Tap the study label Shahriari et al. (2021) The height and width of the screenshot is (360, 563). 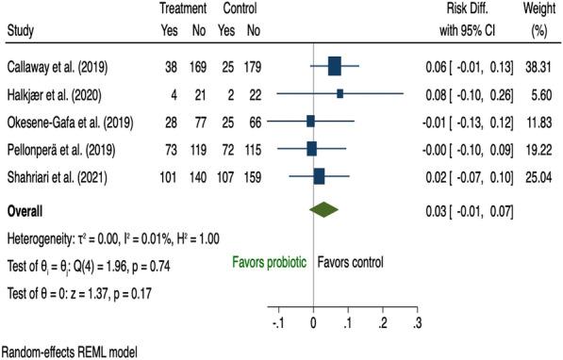[x=59, y=175]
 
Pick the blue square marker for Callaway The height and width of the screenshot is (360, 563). [x=335, y=67]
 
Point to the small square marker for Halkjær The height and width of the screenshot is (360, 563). [x=339, y=94]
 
